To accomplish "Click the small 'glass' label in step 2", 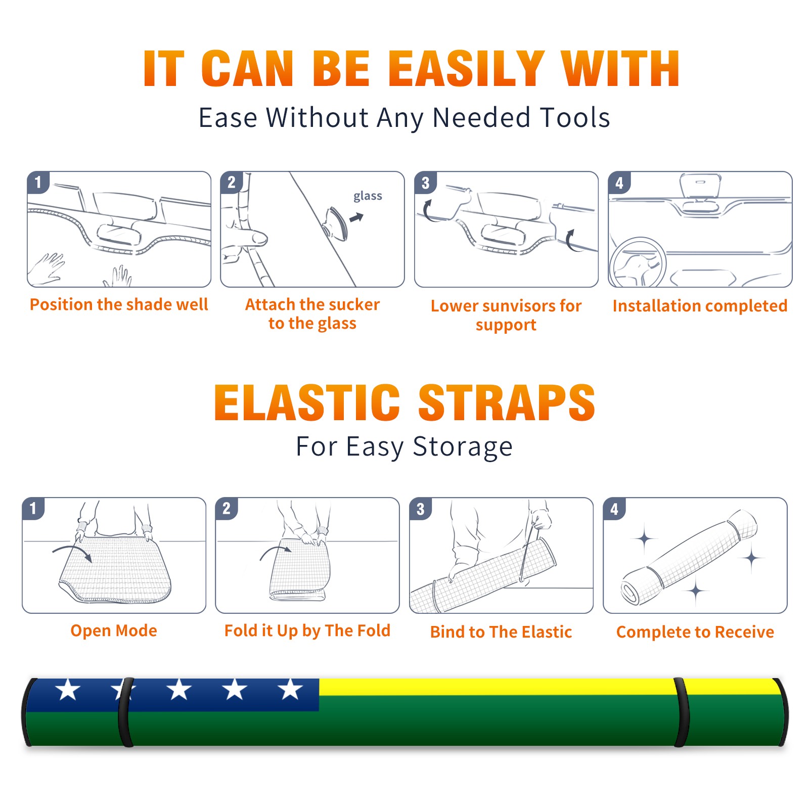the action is (x=368, y=196).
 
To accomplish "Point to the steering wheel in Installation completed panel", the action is (x=638, y=262).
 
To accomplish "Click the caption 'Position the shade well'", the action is (x=119, y=304).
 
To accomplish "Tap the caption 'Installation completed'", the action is (x=700, y=306).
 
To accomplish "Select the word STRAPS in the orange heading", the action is (x=507, y=402).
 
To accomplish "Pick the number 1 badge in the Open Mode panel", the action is (x=33, y=508).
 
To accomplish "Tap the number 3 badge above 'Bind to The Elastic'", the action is (x=421, y=509).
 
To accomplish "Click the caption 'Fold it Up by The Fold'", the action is (x=307, y=631).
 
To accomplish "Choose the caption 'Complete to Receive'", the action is (x=695, y=632).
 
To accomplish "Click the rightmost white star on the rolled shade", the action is (x=291, y=689).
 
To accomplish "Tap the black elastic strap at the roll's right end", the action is (x=681, y=712).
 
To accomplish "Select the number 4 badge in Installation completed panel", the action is (x=619, y=183).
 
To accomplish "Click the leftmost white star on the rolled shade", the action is (x=68, y=689).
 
